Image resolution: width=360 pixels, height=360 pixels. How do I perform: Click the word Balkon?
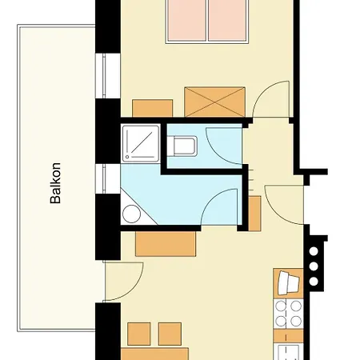55,183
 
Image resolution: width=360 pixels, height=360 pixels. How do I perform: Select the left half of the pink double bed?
186,20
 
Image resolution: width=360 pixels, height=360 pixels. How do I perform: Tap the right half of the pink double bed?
227,20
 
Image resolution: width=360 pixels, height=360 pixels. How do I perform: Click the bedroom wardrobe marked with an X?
214,102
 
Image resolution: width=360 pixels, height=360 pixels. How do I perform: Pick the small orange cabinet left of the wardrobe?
152,108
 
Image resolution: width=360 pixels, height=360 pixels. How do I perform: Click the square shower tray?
141,143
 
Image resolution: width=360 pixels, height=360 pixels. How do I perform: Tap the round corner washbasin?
131,214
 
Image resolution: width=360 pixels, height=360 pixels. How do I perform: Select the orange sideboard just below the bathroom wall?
166,244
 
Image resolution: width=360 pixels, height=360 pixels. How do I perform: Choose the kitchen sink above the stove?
289,284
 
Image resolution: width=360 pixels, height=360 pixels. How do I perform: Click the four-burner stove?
289,314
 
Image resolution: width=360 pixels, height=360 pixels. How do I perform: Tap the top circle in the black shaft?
314,251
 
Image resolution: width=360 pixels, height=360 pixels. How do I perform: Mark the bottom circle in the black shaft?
314,282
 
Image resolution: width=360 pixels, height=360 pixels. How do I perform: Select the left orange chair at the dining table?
139,334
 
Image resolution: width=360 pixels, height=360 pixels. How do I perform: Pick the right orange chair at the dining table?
170,334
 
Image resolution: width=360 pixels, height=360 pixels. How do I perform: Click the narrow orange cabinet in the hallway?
254,214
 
